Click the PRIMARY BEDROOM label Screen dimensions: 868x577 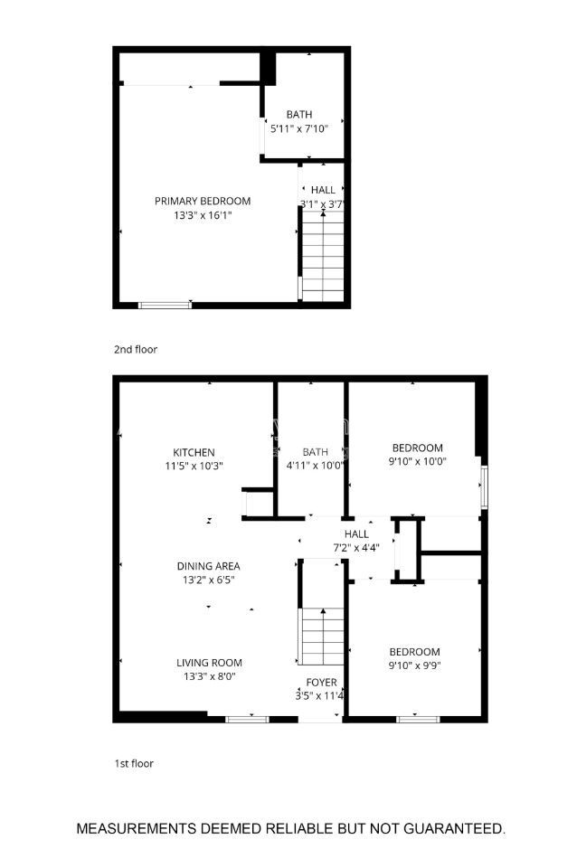click(202, 201)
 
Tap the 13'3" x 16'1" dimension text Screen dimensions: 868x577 click(202, 215)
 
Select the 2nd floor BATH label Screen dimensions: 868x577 click(298, 115)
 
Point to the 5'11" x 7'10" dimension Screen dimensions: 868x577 click(298, 129)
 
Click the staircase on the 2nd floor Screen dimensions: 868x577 click(323, 258)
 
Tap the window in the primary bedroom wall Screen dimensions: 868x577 click(165, 305)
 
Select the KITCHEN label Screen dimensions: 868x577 click(194, 452)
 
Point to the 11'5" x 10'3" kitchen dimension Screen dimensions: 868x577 click(194, 467)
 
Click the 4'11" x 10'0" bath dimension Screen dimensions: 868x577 click(315, 467)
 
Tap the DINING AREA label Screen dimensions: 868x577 click(208, 566)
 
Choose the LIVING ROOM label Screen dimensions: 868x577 click(208, 662)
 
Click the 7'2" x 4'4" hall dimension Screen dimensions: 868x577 click(355, 548)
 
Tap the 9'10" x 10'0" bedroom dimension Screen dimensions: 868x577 click(416, 461)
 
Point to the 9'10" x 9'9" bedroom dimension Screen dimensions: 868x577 click(414, 666)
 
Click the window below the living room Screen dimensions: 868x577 click(247, 719)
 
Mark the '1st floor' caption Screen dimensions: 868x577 click(133, 763)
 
